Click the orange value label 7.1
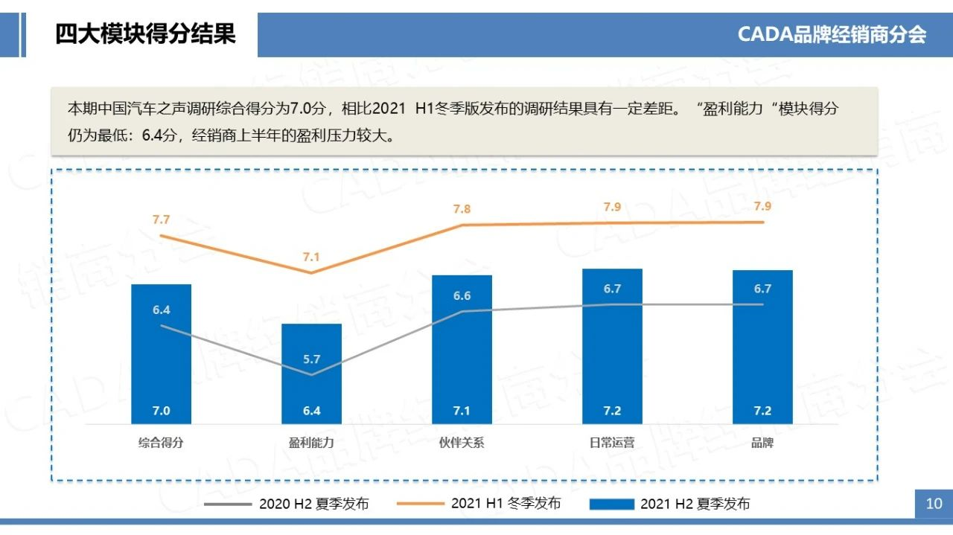pos(311,257)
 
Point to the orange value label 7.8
pos(462,209)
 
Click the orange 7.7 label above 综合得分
pos(161,220)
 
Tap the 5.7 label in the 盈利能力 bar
pos(311,359)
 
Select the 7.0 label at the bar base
pos(161,411)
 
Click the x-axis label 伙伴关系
pos(462,443)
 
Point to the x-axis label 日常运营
pos(612,443)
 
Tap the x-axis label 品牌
pos(762,443)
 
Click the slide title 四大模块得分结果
pos(145,33)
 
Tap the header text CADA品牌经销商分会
pos(832,34)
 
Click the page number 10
pos(934,504)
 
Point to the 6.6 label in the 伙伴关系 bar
pos(462,296)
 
